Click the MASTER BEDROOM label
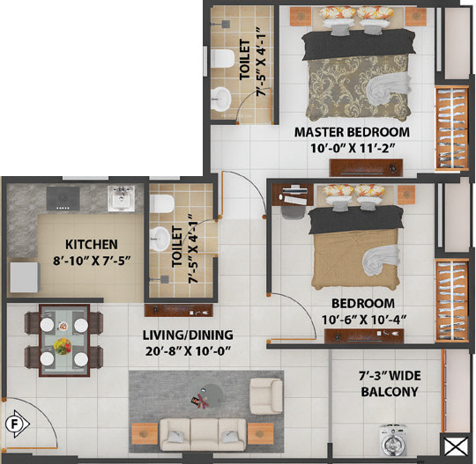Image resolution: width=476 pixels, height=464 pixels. point(352,132)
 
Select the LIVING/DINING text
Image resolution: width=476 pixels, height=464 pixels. point(188,335)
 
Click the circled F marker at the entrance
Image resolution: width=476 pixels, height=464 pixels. point(13,423)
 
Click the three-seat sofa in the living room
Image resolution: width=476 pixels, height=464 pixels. point(201,432)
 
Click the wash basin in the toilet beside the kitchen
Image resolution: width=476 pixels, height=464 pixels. point(159,237)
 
